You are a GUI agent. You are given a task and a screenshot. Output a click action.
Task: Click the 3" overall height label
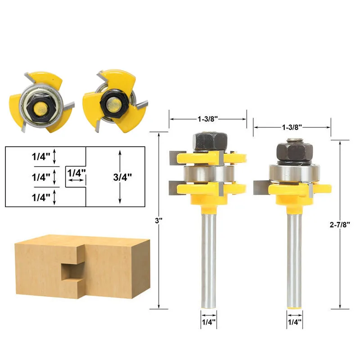(x=159, y=220)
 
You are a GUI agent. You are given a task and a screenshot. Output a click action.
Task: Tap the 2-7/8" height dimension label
(x=340, y=225)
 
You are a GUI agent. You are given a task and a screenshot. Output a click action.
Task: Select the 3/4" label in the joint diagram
(x=122, y=177)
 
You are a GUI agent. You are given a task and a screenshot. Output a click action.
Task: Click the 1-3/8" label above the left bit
(x=207, y=119)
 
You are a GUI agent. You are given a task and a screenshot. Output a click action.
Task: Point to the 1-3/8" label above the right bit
(x=292, y=127)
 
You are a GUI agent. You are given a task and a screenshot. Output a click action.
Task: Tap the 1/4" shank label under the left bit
(x=209, y=322)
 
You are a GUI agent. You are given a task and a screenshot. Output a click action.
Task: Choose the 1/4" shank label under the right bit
(x=295, y=322)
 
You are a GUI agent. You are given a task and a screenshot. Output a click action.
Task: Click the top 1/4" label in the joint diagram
(x=41, y=157)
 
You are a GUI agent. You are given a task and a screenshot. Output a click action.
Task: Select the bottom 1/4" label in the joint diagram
(x=41, y=198)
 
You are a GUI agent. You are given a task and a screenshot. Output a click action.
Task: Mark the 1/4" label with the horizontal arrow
(x=76, y=173)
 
